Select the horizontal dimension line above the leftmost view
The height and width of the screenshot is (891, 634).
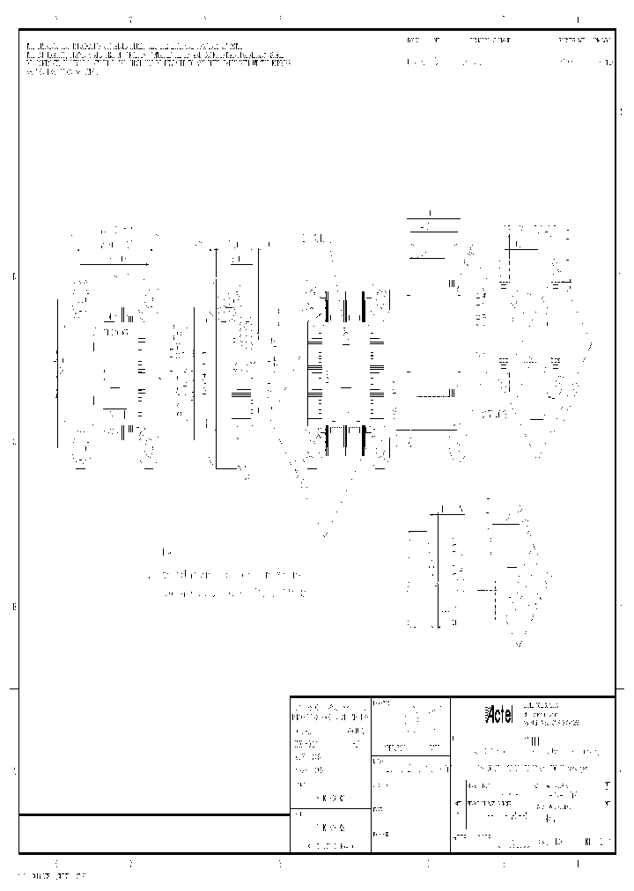(114, 263)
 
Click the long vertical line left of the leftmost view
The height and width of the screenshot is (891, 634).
(58, 373)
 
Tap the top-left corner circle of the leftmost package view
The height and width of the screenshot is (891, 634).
(80, 290)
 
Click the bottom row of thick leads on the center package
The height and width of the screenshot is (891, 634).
(344, 438)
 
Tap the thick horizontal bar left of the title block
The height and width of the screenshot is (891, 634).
(154, 815)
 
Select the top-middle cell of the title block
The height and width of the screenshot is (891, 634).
(410, 725)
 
